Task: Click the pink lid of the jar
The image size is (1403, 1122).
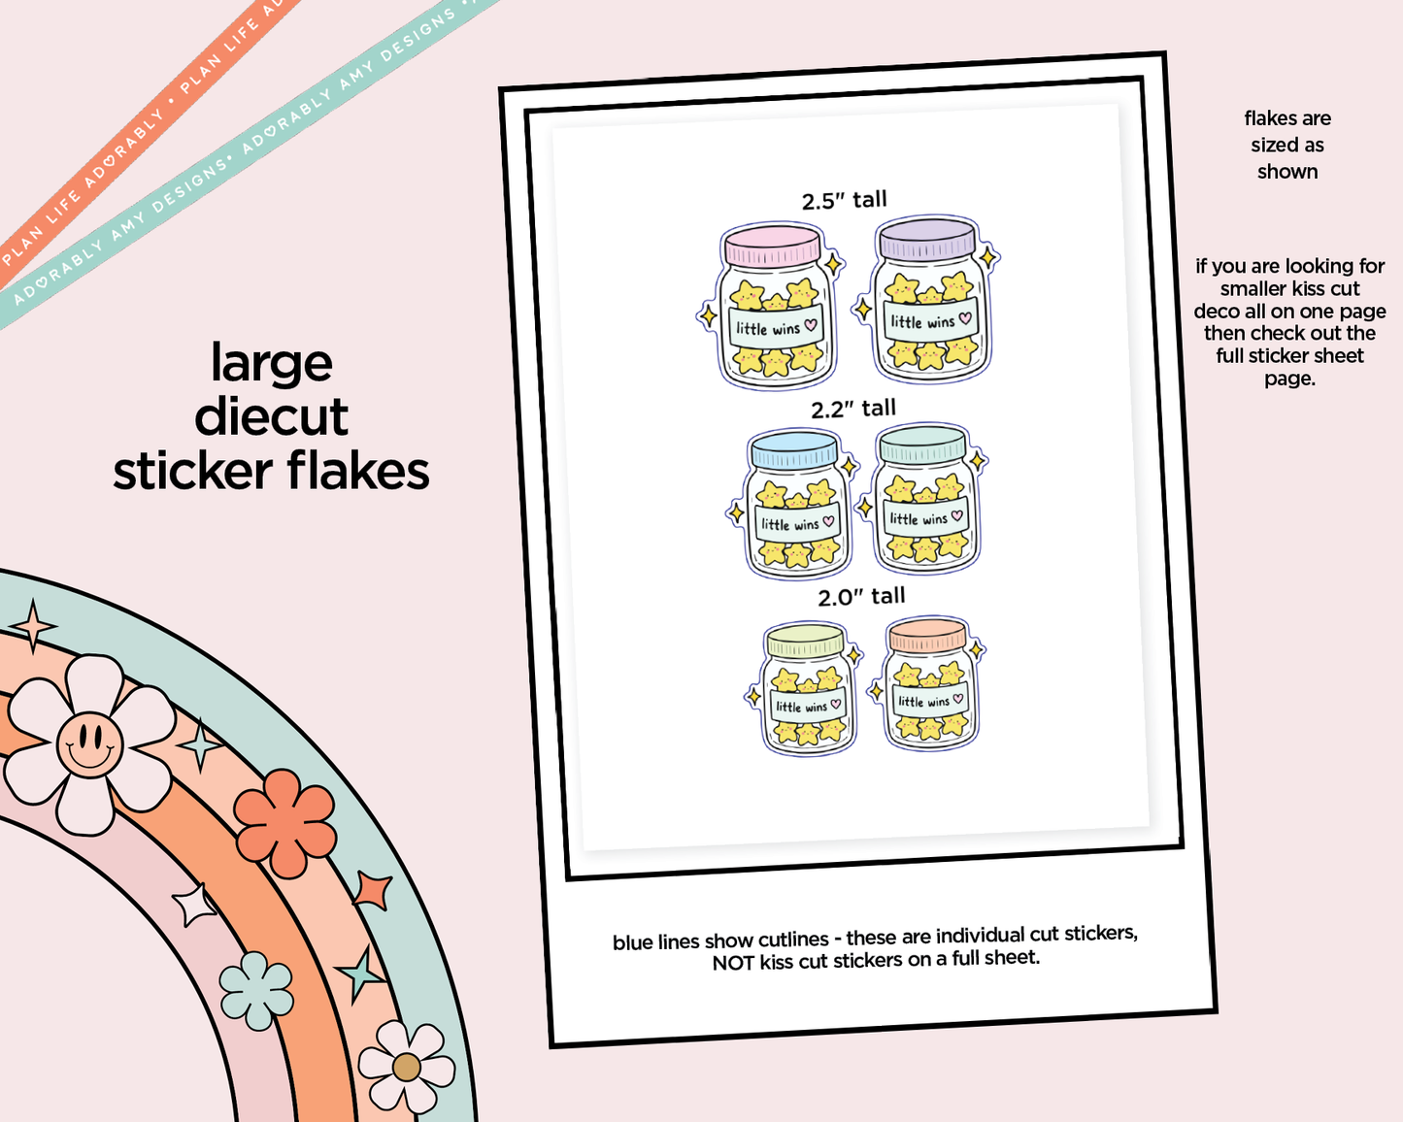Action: click(773, 245)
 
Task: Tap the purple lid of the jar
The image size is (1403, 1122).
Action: click(927, 238)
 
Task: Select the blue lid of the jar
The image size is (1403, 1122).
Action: click(794, 448)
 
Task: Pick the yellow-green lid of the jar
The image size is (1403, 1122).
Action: click(806, 640)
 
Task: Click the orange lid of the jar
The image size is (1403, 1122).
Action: click(928, 634)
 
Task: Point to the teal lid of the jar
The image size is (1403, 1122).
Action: click(922, 444)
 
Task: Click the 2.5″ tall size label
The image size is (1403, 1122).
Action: click(845, 200)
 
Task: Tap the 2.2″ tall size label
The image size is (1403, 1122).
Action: click(853, 409)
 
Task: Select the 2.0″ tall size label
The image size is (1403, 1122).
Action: click(861, 597)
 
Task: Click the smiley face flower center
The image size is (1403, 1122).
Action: click(90, 743)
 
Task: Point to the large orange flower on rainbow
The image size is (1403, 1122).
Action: click(284, 823)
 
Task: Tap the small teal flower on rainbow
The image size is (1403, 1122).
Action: click(255, 990)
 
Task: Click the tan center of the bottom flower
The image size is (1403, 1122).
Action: click(407, 1067)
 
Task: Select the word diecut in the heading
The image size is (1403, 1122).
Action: click(271, 417)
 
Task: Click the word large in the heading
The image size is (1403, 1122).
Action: click(271, 365)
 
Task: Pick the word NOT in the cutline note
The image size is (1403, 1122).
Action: click(733, 963)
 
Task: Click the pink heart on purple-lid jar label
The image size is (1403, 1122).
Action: click(965, 318)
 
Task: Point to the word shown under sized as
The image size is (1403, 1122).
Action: click(1287, 172)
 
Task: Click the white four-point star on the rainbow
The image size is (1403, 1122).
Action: click(194, 904)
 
